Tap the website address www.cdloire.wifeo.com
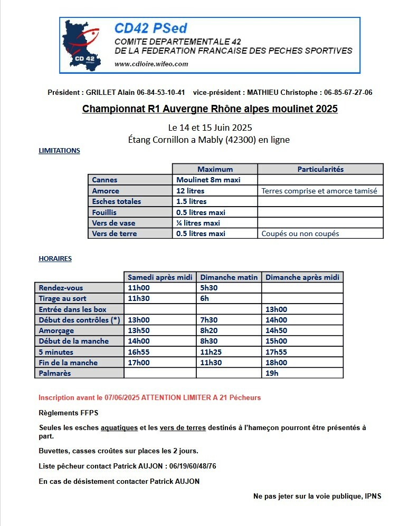tap(151, 64)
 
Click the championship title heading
tap(210, 109)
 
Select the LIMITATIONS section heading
tap(59, 151)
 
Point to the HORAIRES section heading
tap(55, 259)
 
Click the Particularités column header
tap(320, 169)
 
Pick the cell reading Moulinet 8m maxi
tap(208, 180)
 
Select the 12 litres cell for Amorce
tap(191, 191)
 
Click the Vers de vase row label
tap(113, 223)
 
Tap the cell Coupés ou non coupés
tap(300, 233)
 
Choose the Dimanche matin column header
tap(229, 277)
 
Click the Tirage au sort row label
tap(62, 298)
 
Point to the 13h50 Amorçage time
tap(139, 330)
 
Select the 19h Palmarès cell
tap(272, 373)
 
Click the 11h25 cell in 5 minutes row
tap(211, 352)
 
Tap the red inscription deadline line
tap(149, 397)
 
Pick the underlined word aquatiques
tap(119, 427)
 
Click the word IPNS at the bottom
tap(373, 496)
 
